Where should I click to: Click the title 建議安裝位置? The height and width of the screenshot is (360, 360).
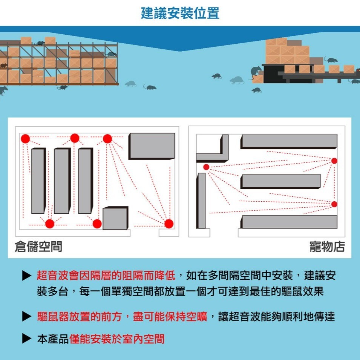tap(180, 14)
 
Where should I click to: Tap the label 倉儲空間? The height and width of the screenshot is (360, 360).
tap(38, 247)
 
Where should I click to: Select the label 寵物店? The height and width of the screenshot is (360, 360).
tap(327, 247)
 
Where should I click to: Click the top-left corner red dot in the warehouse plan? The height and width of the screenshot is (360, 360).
tap(25, 138)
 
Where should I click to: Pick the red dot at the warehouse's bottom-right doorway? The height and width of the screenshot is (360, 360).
tap(169, 224)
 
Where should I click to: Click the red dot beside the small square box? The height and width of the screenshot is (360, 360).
tap(97, 224)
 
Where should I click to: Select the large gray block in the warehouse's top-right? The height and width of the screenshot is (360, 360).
tap(152, 146)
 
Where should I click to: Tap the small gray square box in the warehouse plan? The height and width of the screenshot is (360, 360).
tap(115, 218)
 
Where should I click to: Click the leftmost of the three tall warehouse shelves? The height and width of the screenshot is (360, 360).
tap(38, 181)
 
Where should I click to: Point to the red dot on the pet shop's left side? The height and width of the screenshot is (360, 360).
tap(206, 167)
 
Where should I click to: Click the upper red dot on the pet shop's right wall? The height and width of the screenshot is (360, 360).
tap(334, 161)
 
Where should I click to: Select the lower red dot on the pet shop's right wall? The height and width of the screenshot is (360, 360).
tap(334, 204)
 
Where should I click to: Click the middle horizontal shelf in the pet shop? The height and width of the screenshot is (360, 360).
tap(280, 181)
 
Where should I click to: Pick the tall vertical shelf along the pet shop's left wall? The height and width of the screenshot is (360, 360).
tap(201, 201)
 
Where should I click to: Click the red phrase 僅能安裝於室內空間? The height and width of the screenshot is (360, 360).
tap(117, 339)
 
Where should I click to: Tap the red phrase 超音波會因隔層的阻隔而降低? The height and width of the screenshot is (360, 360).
tap(106, 276)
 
